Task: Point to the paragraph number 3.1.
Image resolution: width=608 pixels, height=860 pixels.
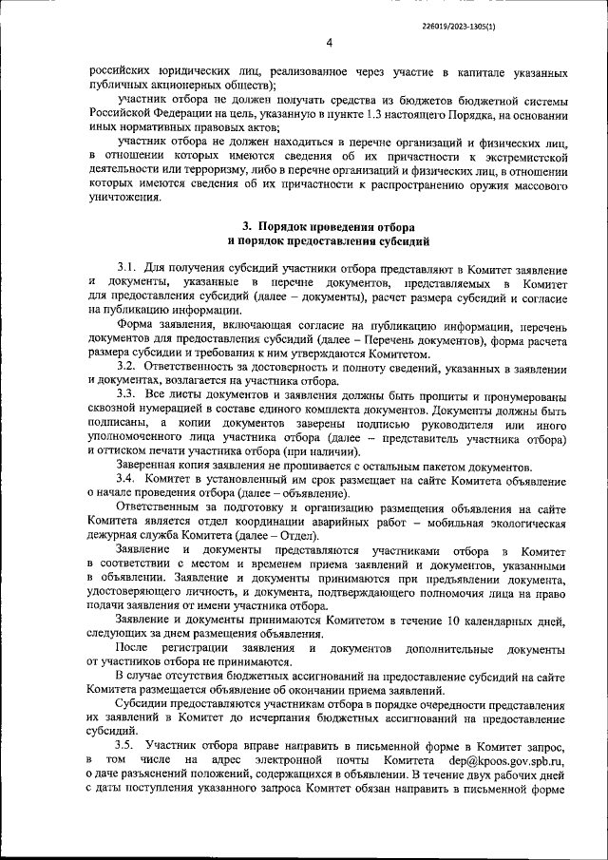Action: coord(128,271)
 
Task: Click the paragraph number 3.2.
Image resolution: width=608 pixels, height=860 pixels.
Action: coord(128,366)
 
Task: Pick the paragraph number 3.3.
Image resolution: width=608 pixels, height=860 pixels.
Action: coord(128,393)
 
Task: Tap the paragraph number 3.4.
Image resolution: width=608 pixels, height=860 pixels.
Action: coord(128,481)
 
